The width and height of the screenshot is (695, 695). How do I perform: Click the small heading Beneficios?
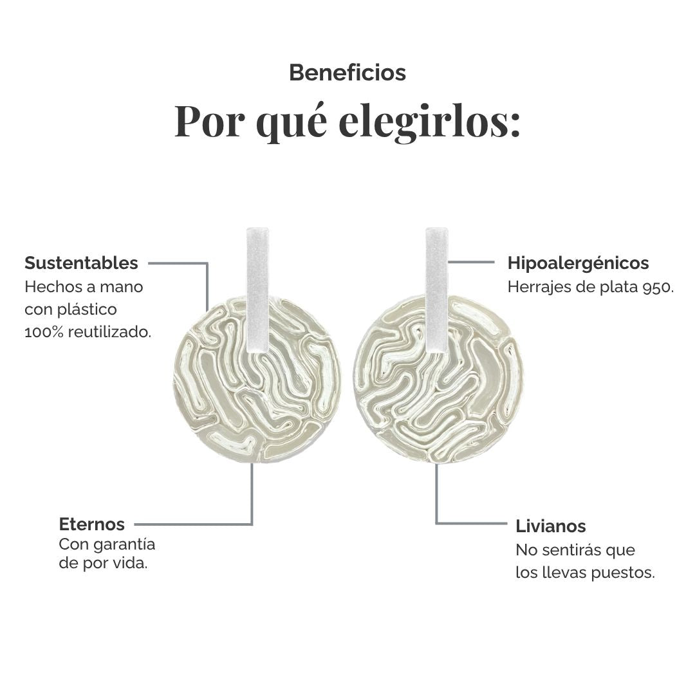347,73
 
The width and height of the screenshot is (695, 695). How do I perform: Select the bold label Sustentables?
81,263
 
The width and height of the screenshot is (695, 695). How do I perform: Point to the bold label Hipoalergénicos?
578,263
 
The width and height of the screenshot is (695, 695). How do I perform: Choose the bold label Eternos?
92,524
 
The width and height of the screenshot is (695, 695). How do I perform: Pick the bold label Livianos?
550,526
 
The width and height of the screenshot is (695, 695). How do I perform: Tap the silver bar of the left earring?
258,290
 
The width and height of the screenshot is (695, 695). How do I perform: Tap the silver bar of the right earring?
436,290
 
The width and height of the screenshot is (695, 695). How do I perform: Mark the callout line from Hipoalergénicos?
471,262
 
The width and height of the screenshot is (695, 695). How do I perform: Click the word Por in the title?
209,122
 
